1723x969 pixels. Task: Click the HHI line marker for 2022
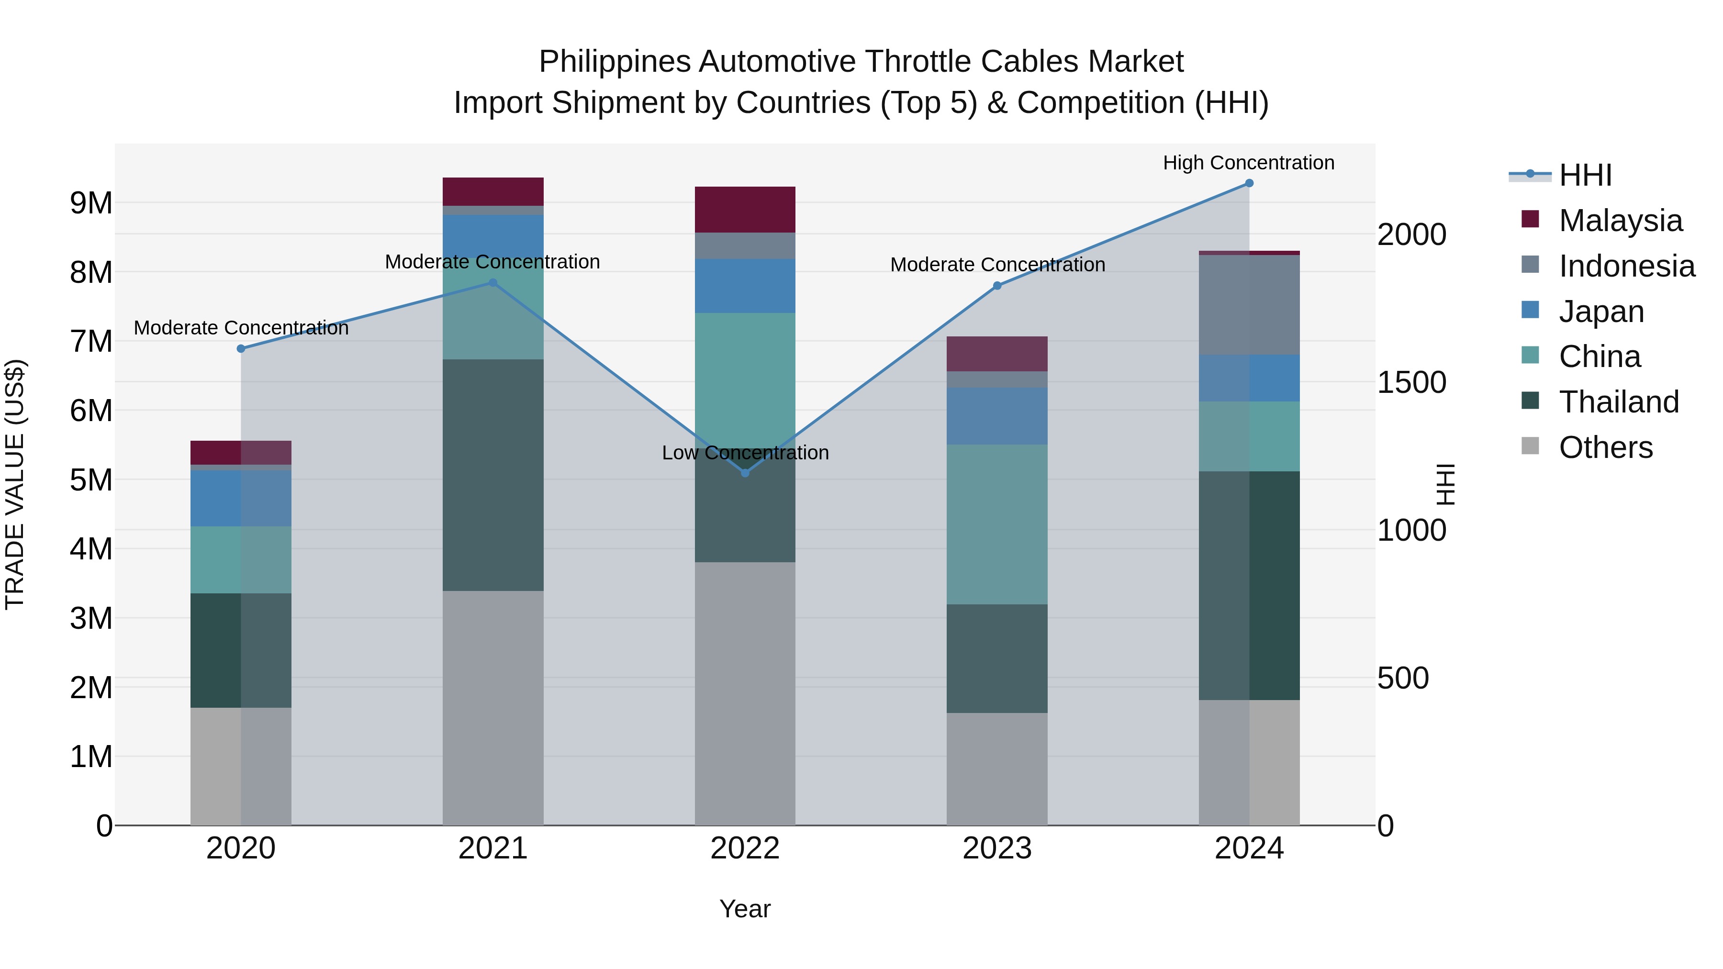(x=745, y=473)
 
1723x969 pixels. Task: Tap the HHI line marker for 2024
(x=1249, y=183)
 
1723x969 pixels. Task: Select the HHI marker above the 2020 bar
(x=241, y=348)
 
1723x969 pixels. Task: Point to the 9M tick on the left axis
(x=91, y=202)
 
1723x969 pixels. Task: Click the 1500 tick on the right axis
(x=1411, y=382)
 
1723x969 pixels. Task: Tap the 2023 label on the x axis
(x=996, y=848)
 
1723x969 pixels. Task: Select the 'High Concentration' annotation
(x=1248, y=163)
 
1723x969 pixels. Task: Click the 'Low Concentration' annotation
(x=745, y=453)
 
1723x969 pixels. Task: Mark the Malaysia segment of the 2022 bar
(x=745, y=209)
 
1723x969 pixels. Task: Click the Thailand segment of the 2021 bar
(x=493, y=475)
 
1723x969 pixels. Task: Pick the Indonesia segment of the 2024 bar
(x=1249, y=305)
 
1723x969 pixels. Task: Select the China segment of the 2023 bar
(x=996, y=524)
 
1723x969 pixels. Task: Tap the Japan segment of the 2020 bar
(x=241, y=498)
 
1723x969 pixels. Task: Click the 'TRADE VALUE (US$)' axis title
(x=15, y=484)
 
